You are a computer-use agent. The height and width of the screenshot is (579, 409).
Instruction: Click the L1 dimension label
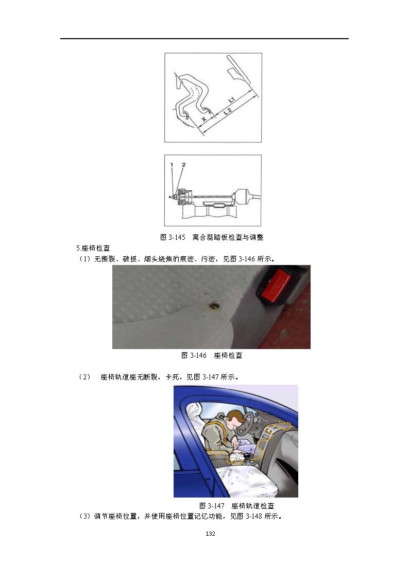coord(231,100)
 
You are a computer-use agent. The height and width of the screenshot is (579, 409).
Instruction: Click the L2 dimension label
coord(228,111)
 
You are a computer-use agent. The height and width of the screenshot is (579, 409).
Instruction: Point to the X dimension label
coord(204,119)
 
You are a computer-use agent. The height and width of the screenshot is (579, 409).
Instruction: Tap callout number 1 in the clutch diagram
coord(172,164)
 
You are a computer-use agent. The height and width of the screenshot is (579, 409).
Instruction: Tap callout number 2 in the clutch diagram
coord(183,164)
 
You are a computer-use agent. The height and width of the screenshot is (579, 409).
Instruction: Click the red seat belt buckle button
coord(276,285)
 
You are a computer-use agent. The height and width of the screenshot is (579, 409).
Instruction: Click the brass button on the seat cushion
coord(214,305)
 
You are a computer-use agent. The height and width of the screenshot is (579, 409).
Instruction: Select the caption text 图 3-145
coord(173,238)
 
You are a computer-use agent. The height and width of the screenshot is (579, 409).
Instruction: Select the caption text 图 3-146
coord(194,355)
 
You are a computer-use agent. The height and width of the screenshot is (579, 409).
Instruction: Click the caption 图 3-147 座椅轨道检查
coord(237,506)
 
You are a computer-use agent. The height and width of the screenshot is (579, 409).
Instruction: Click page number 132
coord(210,534)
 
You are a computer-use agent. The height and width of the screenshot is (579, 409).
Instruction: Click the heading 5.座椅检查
coord(93,248)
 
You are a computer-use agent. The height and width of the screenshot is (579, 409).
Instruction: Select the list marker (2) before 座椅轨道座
coord(84,377)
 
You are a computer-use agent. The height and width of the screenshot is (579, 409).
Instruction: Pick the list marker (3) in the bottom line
coord(84,516)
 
